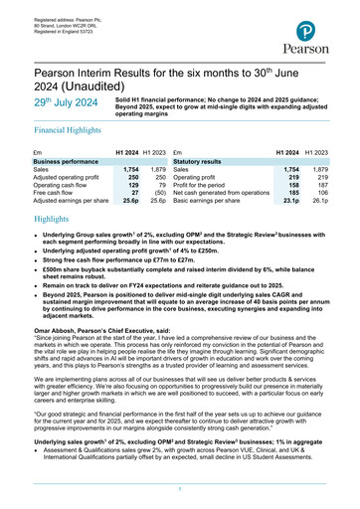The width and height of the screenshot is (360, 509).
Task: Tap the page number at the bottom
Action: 179,489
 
